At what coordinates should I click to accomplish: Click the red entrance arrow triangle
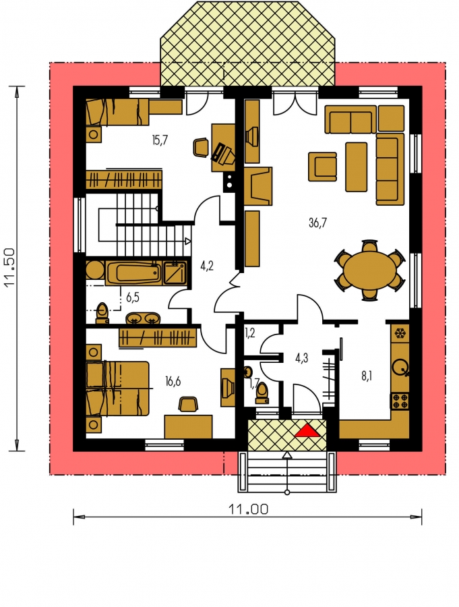click(307, 430)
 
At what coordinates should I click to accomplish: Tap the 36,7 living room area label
click(317, 223)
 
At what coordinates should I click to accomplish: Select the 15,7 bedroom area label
click(160, 140)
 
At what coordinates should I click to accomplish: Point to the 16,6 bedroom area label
click(173, 381)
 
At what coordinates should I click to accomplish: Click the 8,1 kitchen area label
click(367, 376)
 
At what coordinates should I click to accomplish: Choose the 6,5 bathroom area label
click(133, 297)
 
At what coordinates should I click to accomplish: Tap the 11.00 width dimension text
click(248, 509)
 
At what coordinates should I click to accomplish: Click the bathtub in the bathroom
click(133, 273)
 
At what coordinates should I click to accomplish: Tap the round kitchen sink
click(400, 366)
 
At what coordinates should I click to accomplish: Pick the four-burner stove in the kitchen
click(400, 401)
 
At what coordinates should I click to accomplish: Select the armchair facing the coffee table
click(322, 167)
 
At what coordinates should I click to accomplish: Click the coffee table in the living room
click(356, 167)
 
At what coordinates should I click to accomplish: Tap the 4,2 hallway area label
click(207, 266)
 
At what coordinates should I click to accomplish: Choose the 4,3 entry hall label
click(301, 358)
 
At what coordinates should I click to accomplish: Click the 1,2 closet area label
click(250, 333)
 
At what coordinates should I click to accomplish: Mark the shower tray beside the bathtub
click(175, 273)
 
